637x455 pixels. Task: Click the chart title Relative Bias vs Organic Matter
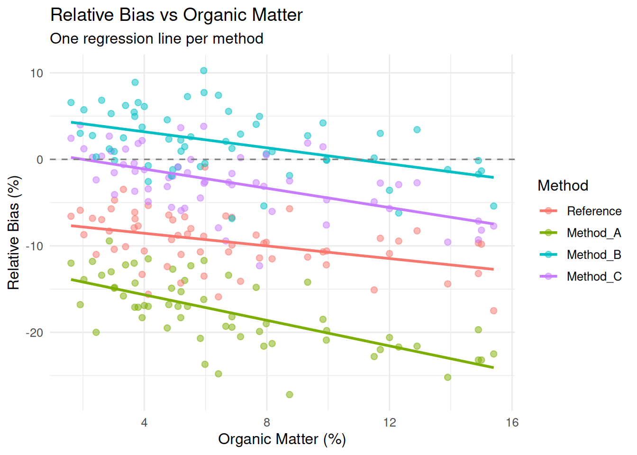pos(176,15)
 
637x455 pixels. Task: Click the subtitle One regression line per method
pos(157,38)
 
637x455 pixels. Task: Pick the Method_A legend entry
pos(581,233)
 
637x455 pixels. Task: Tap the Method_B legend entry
pos(581,255)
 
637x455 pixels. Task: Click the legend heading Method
pos(563,185)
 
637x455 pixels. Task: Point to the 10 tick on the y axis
pos(36,73)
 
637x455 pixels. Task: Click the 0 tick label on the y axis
pos(40,160)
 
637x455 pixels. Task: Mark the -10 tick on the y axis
pos(35,246)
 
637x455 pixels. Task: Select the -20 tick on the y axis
pos(35,333)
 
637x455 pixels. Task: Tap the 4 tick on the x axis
pos(144,423)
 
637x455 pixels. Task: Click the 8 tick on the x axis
pos(267,423)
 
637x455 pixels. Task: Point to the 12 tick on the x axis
pos(390,423)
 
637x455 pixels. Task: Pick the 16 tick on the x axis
pos(512,423)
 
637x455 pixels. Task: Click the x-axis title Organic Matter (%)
pos(282,439)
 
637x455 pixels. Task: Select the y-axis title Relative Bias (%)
pos(13,233)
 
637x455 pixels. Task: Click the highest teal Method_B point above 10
pos(204,71)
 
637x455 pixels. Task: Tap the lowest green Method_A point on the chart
pos(290,394)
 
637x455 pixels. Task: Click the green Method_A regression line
pos(282,324)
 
